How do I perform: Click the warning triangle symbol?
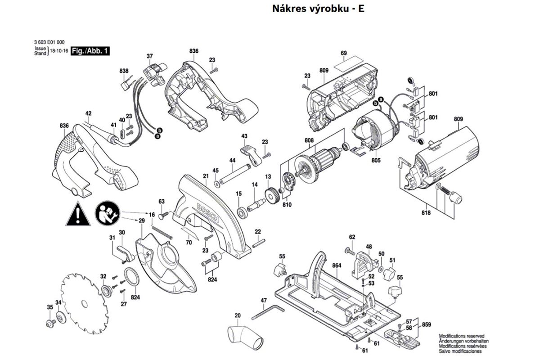[78, 214]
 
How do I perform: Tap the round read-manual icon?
[107, 213]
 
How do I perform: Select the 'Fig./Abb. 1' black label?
[90, 51]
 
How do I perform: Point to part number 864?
[337, 266]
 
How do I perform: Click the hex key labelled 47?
[267, 312]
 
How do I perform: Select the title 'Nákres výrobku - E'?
[318, 9]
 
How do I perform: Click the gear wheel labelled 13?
[271, 197]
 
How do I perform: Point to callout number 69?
[344, 54]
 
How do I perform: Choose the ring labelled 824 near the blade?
[131, 276]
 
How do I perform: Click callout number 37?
[150, 56]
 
